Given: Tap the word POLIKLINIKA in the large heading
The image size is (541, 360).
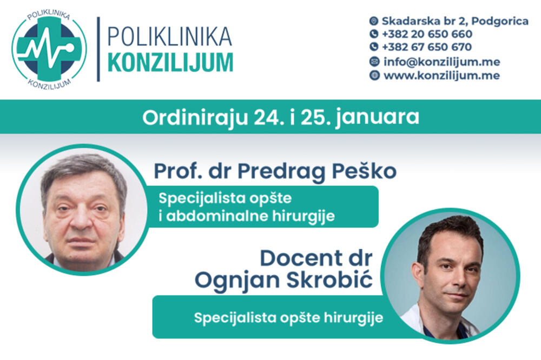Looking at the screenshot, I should click(170, 36).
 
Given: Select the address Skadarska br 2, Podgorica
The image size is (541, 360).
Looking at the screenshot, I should click(455, 21).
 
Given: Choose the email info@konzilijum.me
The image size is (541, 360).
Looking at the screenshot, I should click(441, 62).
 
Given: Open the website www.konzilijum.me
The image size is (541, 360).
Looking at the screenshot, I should click(441, 76).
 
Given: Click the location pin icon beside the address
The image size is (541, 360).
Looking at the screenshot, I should click(374, 21).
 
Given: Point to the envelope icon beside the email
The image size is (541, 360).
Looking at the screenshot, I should click(374, 62).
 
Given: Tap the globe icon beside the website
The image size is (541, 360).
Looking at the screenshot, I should click(374, 76).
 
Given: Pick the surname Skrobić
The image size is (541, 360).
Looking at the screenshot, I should click(335, 281).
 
